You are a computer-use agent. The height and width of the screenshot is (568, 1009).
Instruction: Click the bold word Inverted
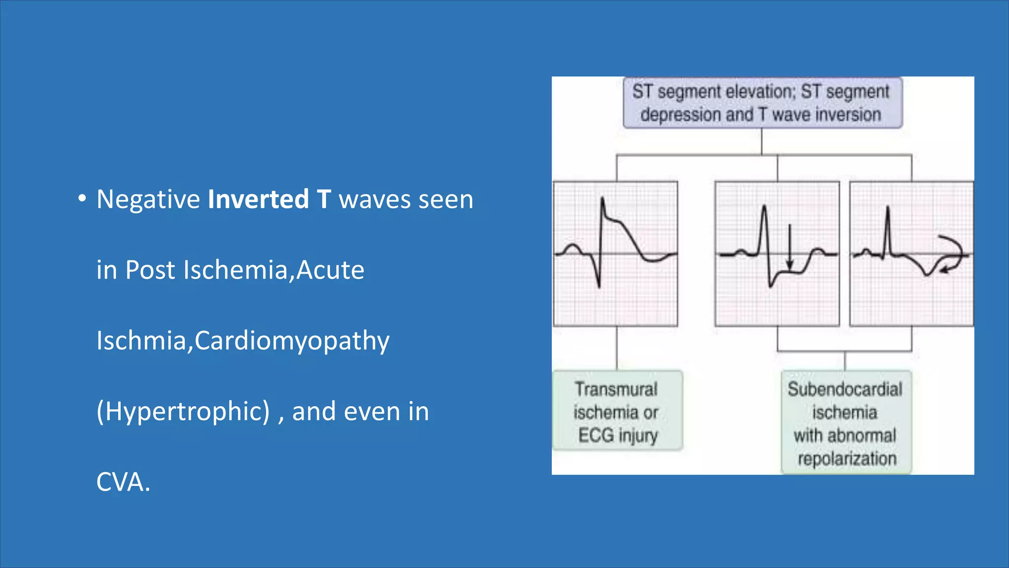(258, 199)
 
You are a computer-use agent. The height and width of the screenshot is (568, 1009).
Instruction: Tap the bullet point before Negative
(82, 199)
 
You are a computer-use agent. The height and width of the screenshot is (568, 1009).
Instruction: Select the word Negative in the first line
(148, 199)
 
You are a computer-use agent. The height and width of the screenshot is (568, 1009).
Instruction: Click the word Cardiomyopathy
(292, 341)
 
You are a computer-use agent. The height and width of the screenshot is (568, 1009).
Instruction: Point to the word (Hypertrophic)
(183, 411)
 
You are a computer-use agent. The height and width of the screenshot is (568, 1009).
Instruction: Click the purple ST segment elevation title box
(762, 103)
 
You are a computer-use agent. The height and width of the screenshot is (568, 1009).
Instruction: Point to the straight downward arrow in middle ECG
(790, 247)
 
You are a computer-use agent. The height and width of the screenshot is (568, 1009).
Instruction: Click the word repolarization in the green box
(846, 459)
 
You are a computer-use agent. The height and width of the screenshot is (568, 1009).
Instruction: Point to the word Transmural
(616, 390)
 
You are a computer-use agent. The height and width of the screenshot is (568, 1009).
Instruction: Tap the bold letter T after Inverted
(324, 199)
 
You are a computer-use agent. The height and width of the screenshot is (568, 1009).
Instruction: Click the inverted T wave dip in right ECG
(926, 272)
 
